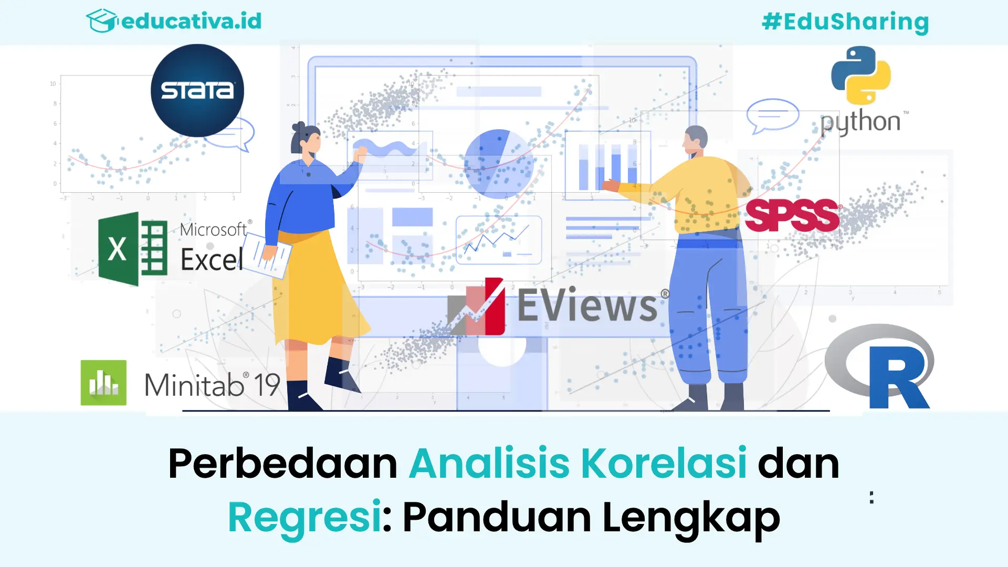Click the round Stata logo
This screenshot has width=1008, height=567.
[197, 90]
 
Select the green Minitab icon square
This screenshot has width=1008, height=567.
[103, 383]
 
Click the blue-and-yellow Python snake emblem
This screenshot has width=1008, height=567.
[861, 75]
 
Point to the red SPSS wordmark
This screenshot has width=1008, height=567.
[792, 215]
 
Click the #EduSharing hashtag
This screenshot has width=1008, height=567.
[845, 22]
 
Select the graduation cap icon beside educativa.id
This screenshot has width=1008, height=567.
[101, 21]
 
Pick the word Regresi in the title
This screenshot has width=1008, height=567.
[304, 517]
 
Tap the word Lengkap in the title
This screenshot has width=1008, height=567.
[691, 517]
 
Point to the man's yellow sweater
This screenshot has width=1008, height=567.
[698, 194]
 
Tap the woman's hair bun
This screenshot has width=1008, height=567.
[299, 128]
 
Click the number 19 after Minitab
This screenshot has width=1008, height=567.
[267, 385]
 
